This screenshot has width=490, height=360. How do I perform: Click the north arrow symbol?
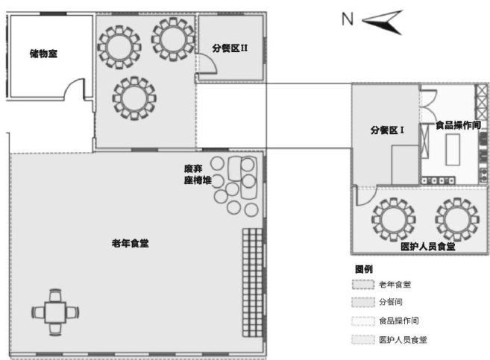383,21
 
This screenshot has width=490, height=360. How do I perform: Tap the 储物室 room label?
43,54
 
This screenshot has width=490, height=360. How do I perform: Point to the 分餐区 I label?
387,130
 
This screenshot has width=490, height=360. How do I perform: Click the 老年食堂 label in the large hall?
130,244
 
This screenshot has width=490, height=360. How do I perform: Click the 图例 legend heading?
363,269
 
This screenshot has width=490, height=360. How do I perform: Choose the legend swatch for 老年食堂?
362,285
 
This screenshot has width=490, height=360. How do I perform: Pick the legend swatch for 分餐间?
362,303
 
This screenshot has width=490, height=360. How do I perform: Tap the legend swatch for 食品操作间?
362,321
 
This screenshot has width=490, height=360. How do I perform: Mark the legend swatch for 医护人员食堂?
362,340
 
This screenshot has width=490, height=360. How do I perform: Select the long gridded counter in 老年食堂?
251,282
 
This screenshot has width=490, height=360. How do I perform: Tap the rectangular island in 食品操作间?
452,152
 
